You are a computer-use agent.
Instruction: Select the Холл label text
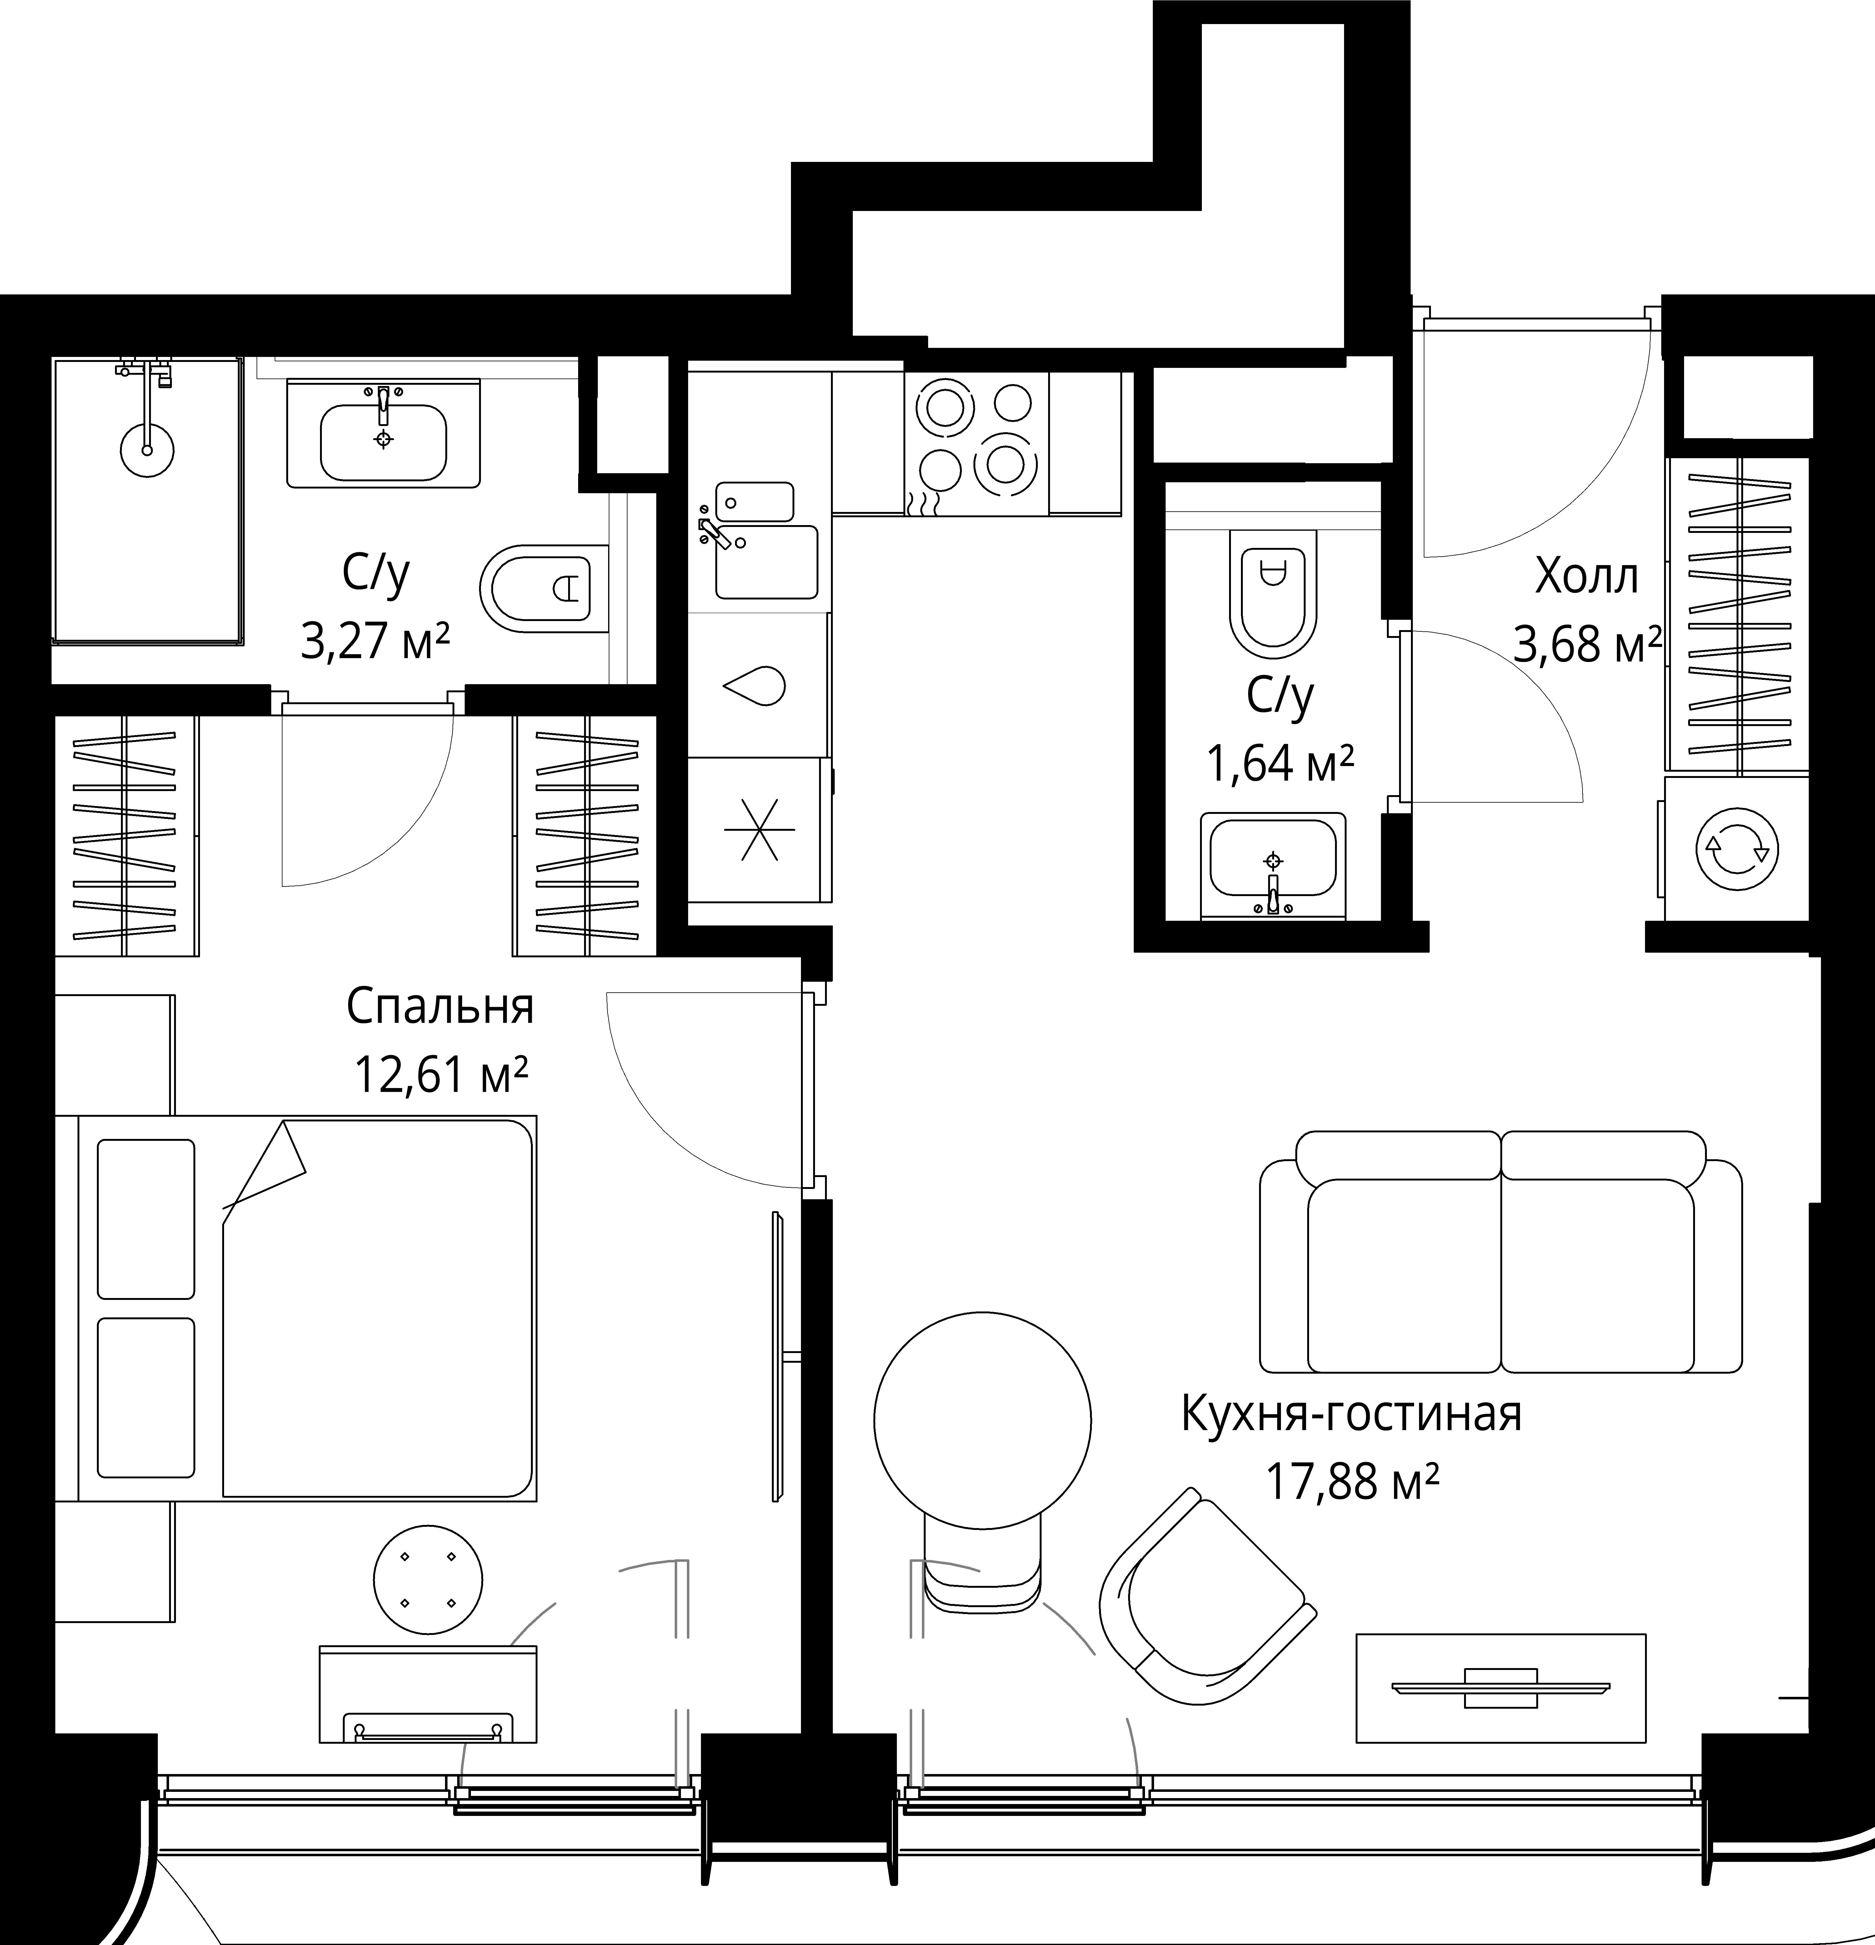tap(1586, 577)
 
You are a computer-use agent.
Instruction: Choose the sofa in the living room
tap(1501, 1251)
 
